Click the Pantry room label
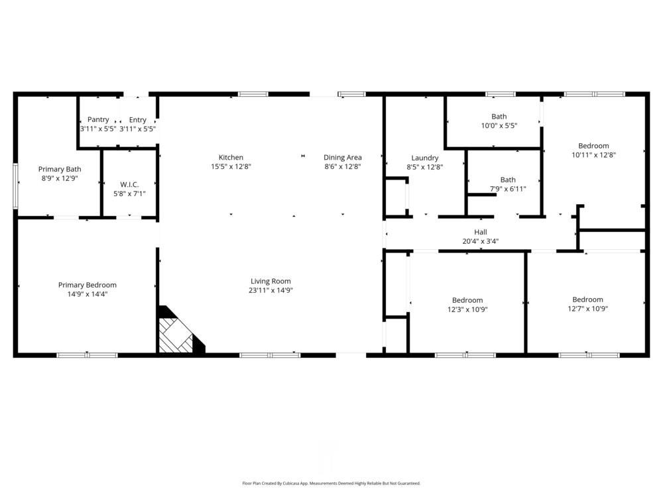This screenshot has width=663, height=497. [x=98, y=120]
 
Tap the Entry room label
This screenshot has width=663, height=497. [x=138, y=120]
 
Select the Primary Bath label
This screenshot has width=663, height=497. [x=60, y=169]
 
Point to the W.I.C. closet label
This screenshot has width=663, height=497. [x=129, y=184]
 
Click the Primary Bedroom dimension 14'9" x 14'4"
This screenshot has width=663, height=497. [x=88, y=294]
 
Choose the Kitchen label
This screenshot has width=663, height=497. [x=231, y=158]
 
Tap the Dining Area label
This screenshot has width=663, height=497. [x=343, y=158]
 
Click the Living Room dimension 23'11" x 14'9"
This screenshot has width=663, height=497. [x=271, y=290]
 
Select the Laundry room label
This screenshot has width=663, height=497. [x=424, y=158]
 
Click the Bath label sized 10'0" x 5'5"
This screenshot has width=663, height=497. [x=499, y=117]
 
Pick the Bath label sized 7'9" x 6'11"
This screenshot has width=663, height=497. [x=508, y=180]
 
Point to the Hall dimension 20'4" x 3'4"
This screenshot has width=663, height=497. [x=481, y=241]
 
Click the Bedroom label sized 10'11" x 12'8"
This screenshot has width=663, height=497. [x=593, y=146]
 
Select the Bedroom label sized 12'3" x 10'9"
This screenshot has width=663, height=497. [x=467, y=300]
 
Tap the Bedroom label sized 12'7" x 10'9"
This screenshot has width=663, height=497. [x=587, y=300]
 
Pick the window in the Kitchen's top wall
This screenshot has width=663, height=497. [x=253, y=94]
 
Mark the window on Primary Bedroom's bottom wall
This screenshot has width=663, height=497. [x=87, y=355]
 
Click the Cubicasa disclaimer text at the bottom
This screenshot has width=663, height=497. [x=331, y=484]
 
